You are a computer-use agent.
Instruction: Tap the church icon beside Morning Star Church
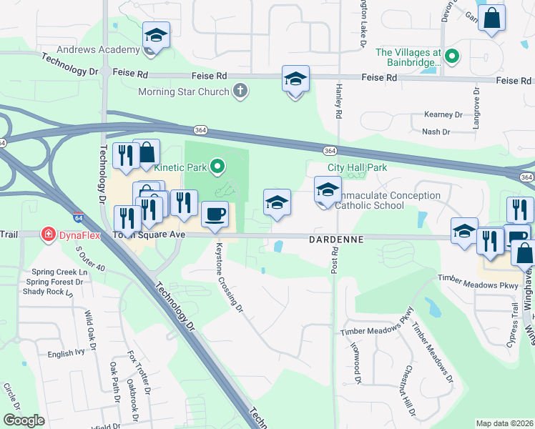click(241, 92)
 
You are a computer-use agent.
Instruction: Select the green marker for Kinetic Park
click(219, 168)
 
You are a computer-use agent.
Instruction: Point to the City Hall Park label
click(357, 167)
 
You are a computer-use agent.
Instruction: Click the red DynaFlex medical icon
click(48, 235)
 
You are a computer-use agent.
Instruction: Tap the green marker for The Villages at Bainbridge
click(451, 56)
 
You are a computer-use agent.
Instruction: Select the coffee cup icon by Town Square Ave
click(214, 214)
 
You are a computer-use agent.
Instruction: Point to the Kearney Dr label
click(443, 114)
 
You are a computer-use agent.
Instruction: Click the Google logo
click(24, 420)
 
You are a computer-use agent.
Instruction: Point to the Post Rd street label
click(334, 263)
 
